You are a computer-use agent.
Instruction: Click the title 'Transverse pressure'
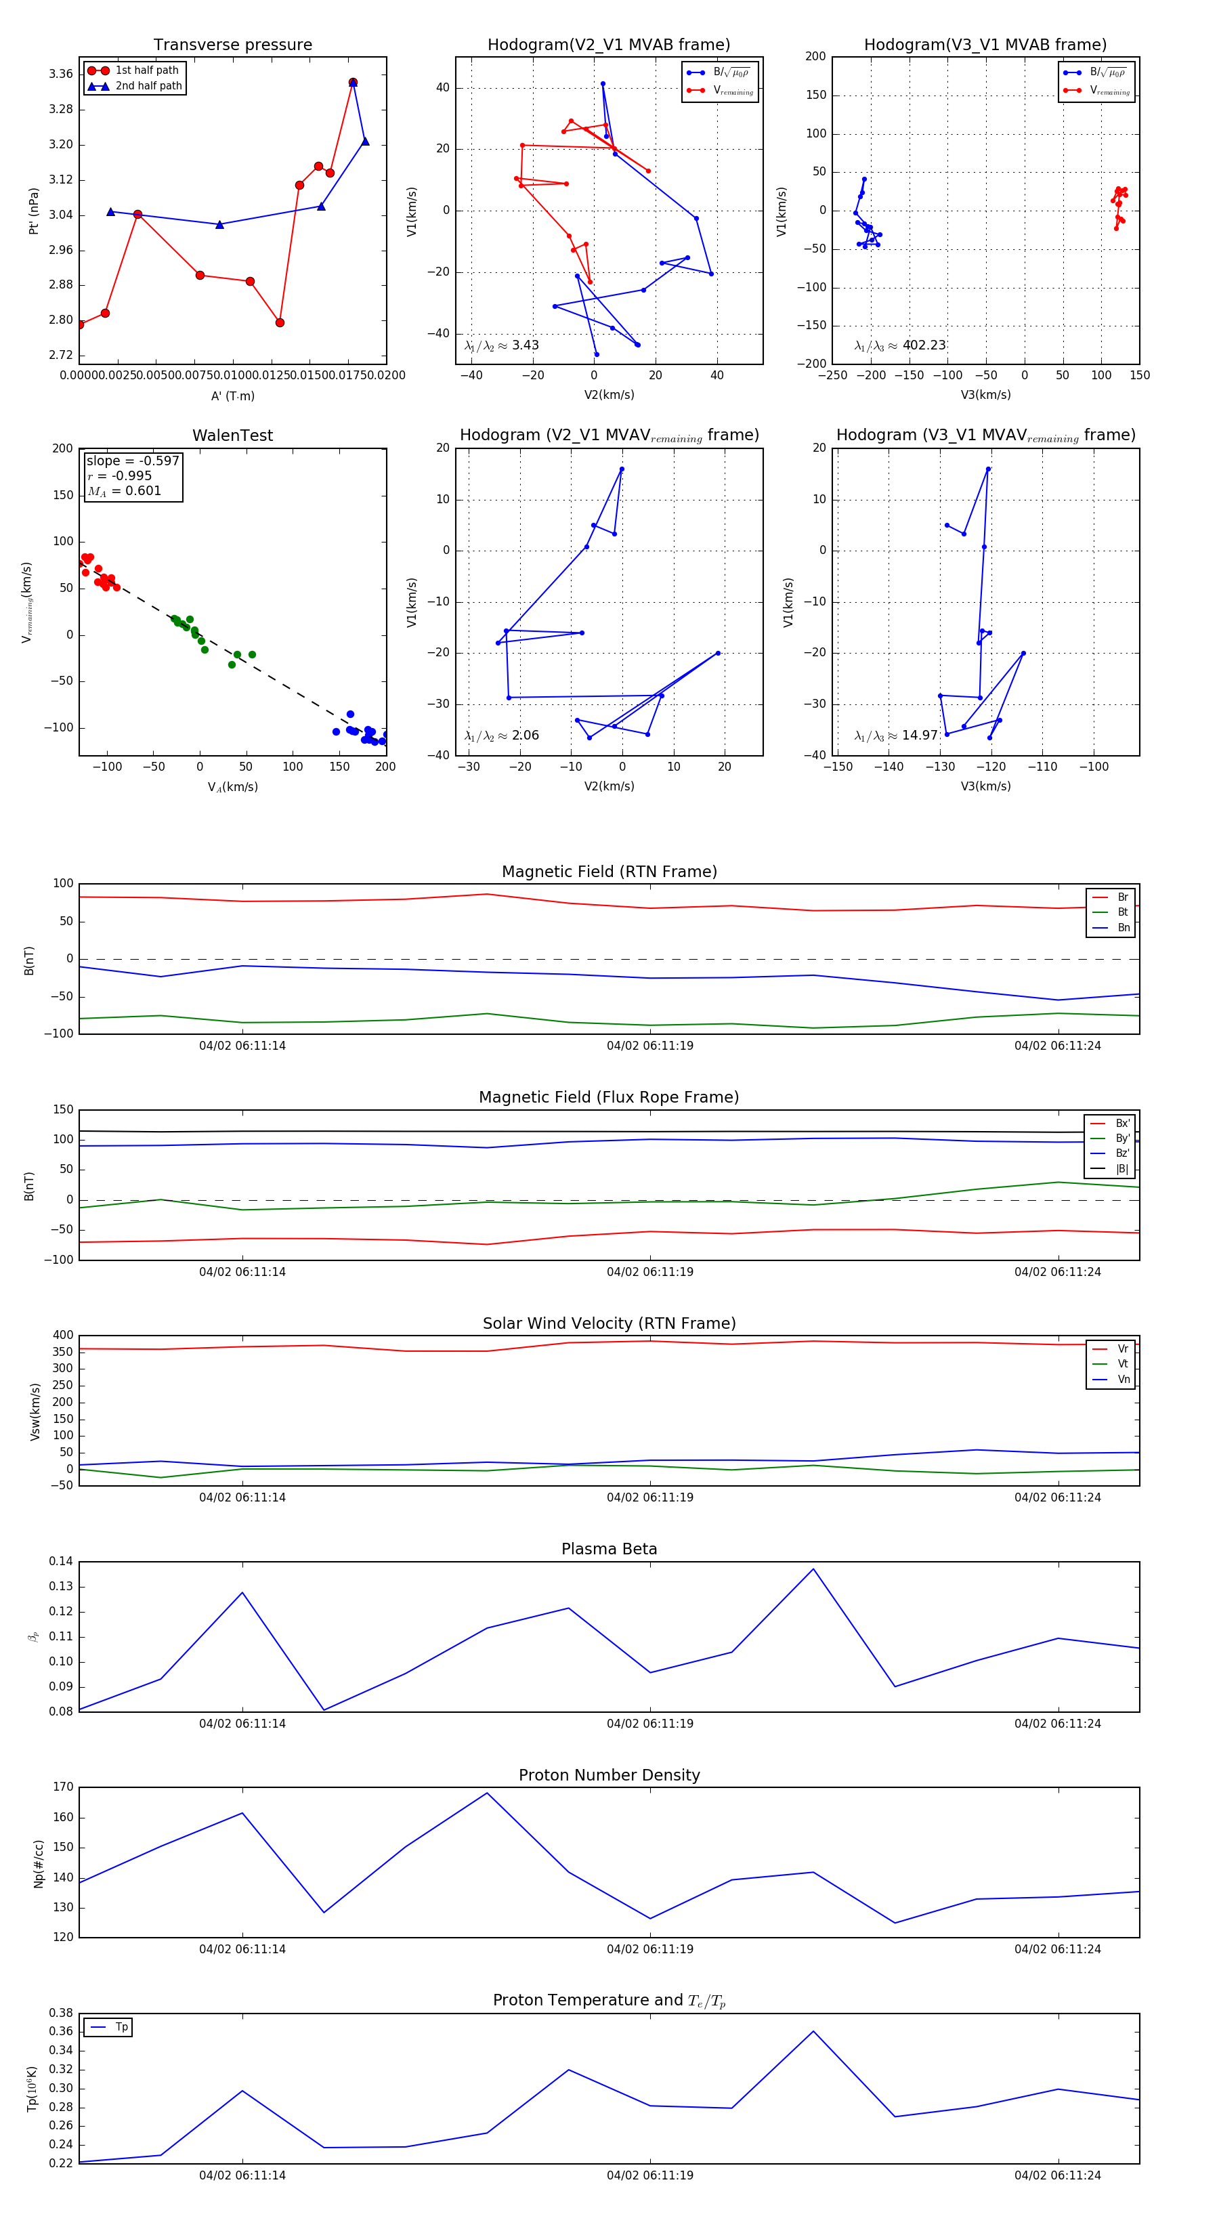232,45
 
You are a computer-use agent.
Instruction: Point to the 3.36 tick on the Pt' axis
61,74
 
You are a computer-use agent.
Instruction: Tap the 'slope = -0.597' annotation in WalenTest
133,461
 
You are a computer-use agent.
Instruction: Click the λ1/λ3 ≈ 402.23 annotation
900,345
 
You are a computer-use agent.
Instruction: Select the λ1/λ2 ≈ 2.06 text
501,736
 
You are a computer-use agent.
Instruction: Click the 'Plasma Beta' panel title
609,1550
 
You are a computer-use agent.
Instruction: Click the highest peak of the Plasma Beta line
813,1569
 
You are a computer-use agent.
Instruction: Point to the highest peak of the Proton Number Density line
487,1793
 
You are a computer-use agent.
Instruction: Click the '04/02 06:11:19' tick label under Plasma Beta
650,1724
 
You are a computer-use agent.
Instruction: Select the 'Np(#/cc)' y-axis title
38,1864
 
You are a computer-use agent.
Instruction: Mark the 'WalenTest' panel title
232,435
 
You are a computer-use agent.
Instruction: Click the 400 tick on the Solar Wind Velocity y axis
62,1336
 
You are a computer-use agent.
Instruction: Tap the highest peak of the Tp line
813,2031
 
